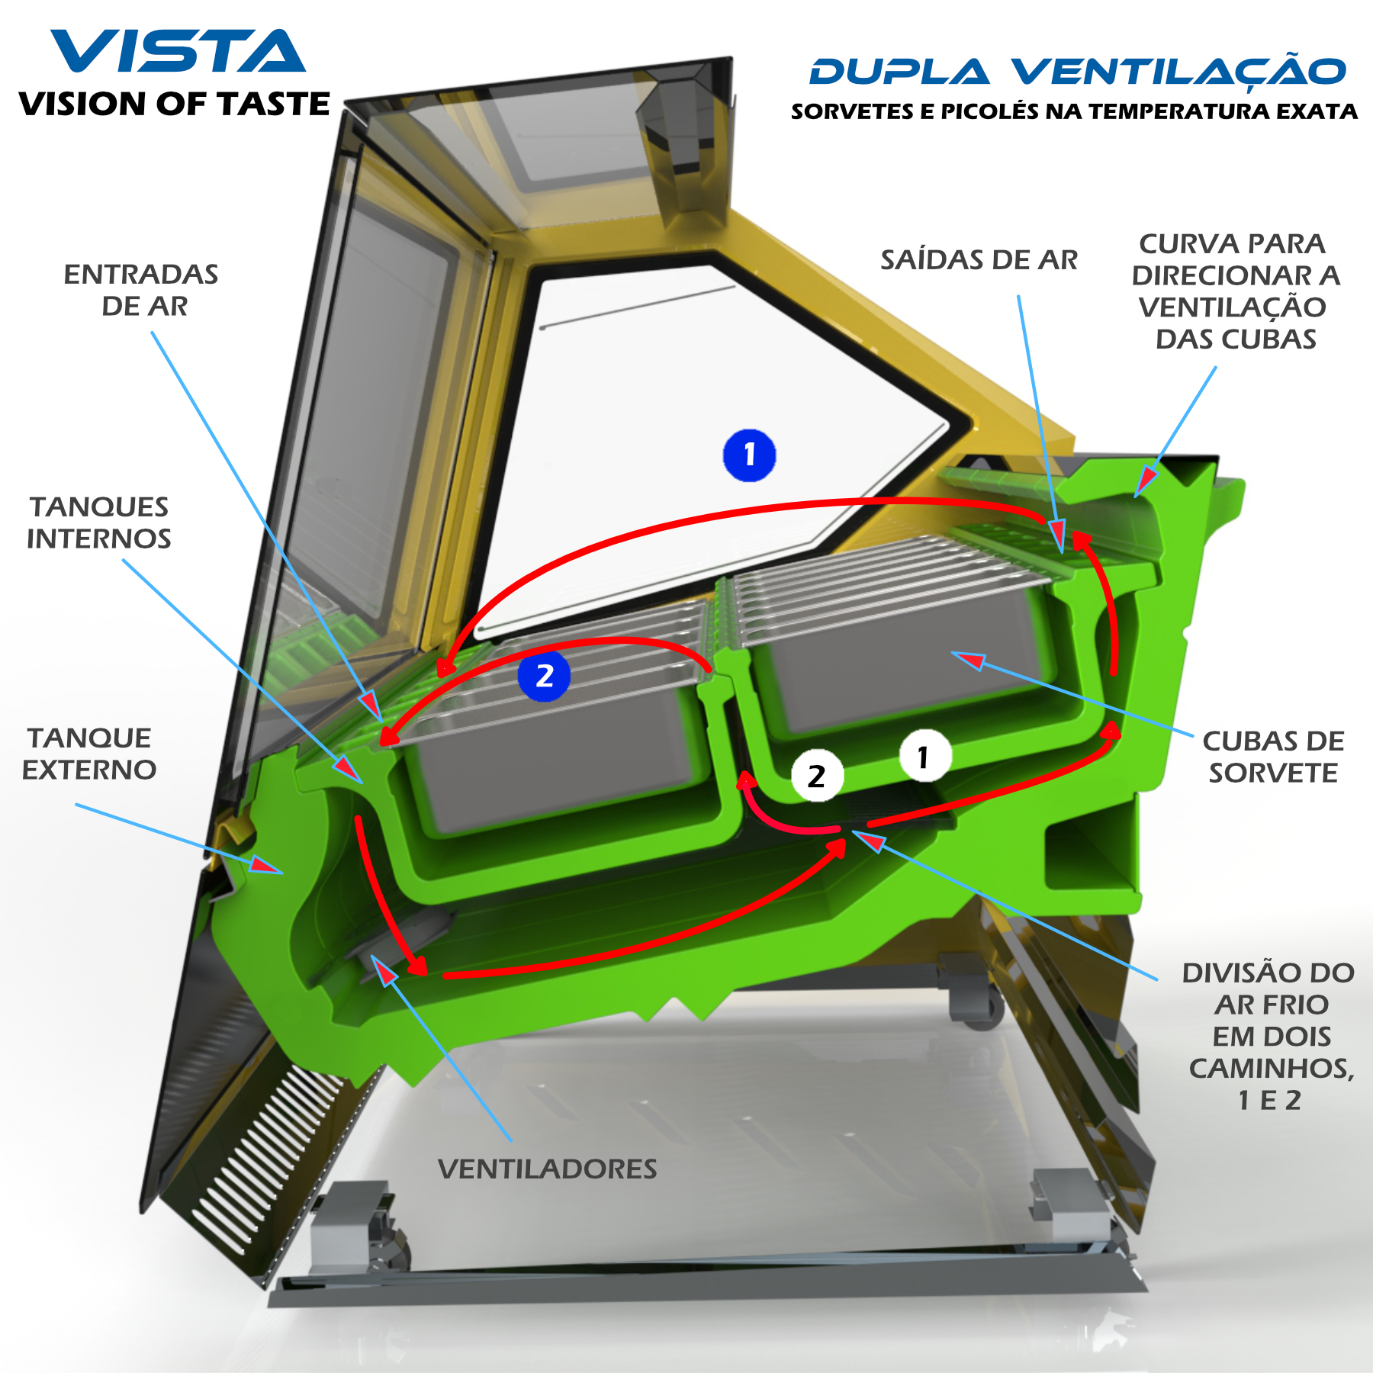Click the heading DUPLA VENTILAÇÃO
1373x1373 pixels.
pos(1077,72)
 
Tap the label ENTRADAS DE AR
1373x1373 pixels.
pos(142,290)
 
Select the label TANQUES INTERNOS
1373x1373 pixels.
pos(99,523)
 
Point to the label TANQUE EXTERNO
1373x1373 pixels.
pos(89,754)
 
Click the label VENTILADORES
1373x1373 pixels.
pos(547,1169)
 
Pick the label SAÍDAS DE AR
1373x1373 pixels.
pos(979,260)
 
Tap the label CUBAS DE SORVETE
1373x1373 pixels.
pos(1273,757)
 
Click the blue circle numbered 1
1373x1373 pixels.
pos(749,455)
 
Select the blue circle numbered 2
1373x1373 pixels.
pos(544,676)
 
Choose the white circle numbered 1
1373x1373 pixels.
pos(924,757)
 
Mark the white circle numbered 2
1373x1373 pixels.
pos(817,777)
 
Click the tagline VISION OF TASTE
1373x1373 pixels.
pos(175,104)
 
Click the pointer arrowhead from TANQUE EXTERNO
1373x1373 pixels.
pos(267,866)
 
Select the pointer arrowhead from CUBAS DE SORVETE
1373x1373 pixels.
pos(967,659)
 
